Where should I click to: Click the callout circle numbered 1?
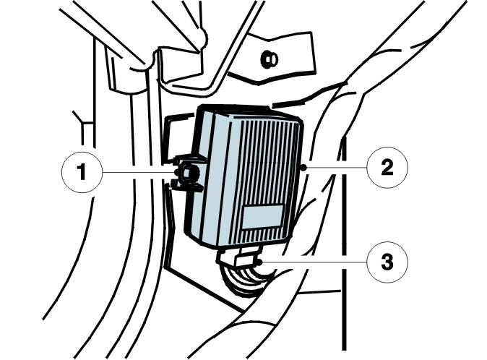click(x=82, y=173)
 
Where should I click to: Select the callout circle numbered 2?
click(x=387, y=168)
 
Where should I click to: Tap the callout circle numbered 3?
click(x=387, y=262)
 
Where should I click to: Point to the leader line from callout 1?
click(x=139, y=172)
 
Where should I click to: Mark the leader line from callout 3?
click(x=314, y=262)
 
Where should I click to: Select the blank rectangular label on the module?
click(x=263, y=216)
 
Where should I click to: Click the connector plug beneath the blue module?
click(x=241, y=256)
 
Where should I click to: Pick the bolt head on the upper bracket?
click(x=269, y=59)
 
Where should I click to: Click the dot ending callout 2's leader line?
click(x=304, y=168)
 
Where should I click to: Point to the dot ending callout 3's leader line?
click(x=259, y=262)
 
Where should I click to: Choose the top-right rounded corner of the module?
click(x=299, y=122)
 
